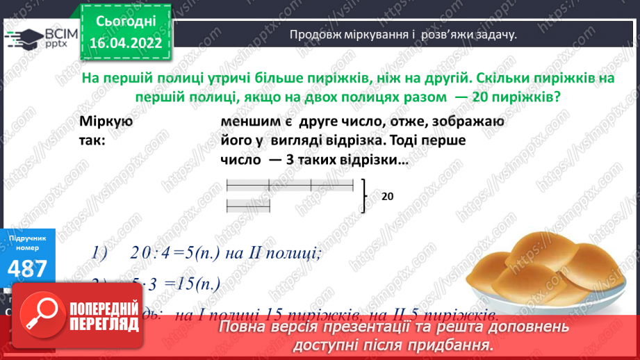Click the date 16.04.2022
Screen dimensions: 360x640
(x=125, y=42)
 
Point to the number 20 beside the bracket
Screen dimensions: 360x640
(x=388, y=197)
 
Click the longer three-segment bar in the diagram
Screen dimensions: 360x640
(x=290, y=185)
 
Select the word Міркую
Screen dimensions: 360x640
(x=106, y=122)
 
